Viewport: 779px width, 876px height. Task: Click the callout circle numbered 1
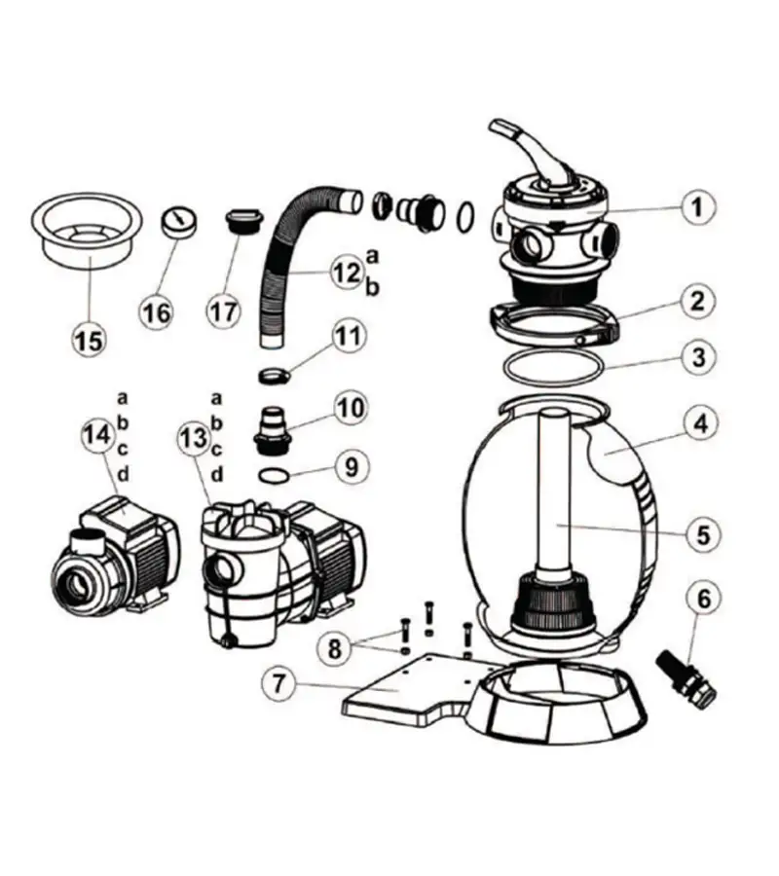pos(697,207)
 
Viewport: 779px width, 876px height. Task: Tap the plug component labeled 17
pos(239,222)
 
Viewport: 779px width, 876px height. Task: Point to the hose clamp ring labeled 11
pos(277,374)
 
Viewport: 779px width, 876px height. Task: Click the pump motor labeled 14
pos(117,555)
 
